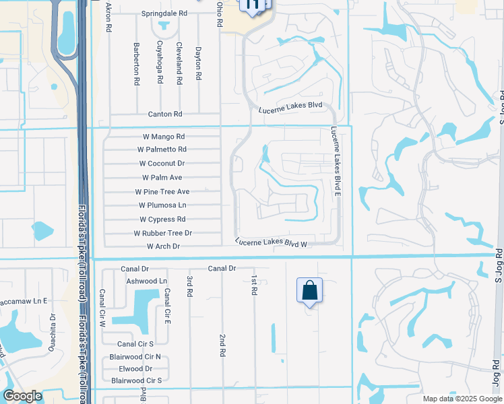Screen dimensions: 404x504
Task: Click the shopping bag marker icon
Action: pyautogui.click(x=309, y=291)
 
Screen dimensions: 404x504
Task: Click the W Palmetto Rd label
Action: pyautogui.click(x=162, y=149)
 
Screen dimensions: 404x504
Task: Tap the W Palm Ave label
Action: pyautogui.click(x=162, y=178)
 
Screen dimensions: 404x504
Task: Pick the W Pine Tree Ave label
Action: pyautogui.click(x=162, y=192)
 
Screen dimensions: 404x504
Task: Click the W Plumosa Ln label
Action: pyautogui.click(x=162, y=205)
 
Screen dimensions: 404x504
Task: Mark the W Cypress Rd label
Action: pyautogui.click(x=162, y=220)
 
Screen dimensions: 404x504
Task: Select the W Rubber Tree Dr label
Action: pyautogui.click(x=163, y=233)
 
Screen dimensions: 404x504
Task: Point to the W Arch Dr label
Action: pyautogui.click(x=164, y=246)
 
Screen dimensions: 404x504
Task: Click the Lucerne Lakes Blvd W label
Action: pyautogui.click(x=272, y=242)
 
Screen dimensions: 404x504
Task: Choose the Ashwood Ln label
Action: pyautogui.click(x=146, y=281)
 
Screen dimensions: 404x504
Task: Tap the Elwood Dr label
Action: pyautogui.click(x=135, y=369)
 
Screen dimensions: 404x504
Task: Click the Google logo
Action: pyautogui.click(x=22, y=396)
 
